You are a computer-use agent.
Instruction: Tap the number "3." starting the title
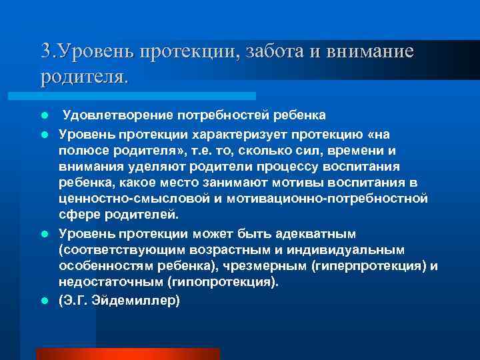pos(48,51)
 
